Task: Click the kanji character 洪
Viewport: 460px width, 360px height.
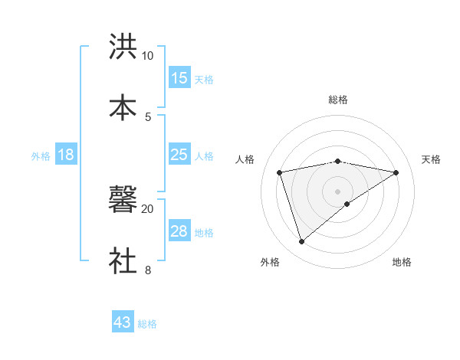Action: [123, 46]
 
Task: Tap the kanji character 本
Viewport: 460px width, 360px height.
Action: [123, 106]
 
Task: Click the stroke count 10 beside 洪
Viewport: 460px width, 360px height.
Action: [147, 56]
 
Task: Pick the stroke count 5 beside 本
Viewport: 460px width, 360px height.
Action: [148, 116]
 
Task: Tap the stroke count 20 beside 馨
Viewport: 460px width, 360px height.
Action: [147, 208]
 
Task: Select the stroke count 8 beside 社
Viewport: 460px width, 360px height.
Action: [148, 270]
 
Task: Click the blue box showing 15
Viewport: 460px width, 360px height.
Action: [179, 78]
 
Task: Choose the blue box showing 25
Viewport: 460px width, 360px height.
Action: [179, 155]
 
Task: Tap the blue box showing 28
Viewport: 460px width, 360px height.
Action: [179, 231]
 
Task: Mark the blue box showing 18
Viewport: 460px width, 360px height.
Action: [66, 155]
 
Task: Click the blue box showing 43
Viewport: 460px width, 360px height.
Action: [123, 322]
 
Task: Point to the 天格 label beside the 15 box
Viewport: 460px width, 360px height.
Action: [204, 79]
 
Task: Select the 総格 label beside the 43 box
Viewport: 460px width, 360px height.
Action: [147, 324]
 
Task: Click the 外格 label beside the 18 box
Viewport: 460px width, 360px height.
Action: [41, 155]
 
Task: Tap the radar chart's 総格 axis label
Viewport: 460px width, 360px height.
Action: [338, 100]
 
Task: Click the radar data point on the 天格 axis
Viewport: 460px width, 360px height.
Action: [396, 172]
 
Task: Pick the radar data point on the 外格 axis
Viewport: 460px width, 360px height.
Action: [301, 242]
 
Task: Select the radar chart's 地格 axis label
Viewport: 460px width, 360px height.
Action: [402, 263]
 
